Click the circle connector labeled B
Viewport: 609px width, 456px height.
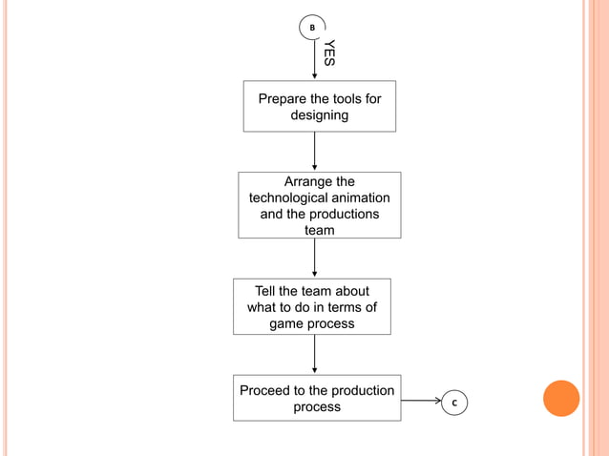[x=312, y=28]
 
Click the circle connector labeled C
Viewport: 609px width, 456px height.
[x=454, y=404]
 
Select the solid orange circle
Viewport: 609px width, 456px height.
[x=561, y=398]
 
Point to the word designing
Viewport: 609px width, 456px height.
[x=320, y=115]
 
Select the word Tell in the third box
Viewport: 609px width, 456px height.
[x=267, y=291]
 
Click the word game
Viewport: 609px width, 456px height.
[x=287, y=323]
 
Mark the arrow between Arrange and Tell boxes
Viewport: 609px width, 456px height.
[x=314, y=258]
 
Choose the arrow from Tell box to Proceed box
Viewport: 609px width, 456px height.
[x=314, y=354]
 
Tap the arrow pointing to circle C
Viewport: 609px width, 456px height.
[x=420, y=401]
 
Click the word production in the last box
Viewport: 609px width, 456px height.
[x=363, y=390]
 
